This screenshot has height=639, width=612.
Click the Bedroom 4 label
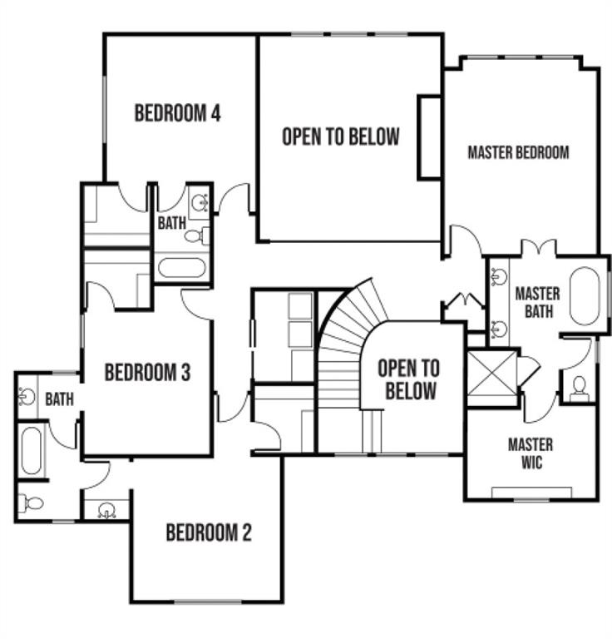(178, 113)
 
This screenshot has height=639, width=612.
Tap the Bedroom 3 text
(147, 372)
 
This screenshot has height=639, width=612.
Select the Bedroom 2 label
(209, 532)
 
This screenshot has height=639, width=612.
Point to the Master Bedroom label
(518, 152)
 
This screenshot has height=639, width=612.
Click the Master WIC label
(531, 453)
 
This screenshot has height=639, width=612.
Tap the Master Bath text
(538, 302)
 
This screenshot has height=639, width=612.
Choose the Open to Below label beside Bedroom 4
(341, 136)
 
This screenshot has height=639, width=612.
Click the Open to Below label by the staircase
(409, 379)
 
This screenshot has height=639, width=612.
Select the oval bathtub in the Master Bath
(585, 296)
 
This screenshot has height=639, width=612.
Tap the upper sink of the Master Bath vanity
(499, 277)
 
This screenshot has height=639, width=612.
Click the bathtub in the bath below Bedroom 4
(181, 267)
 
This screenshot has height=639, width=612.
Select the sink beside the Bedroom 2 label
(107, 510)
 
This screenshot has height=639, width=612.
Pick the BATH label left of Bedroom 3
(59, 399)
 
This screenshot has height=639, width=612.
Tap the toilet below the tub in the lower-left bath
(31, 503)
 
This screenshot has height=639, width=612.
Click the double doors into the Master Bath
(539, 247)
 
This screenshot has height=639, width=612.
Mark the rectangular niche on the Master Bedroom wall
(430, 138)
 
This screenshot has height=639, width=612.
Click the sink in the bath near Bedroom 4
(200, 202)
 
